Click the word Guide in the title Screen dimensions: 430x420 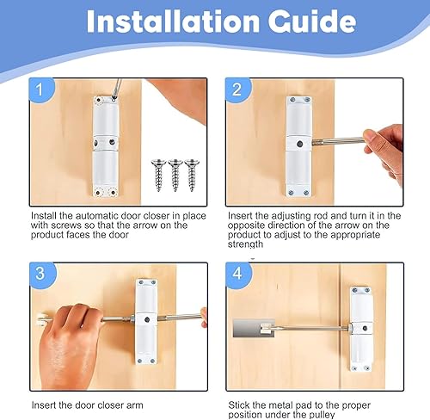coord(312,22)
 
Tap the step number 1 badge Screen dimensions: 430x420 coord(41,90)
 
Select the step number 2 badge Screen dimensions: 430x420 coord(238,90)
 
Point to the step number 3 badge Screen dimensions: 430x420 coord(41,273)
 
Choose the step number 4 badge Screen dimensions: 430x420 coord(238,273)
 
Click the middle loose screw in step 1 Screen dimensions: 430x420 coord(175,175)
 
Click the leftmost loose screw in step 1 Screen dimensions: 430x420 coord(159,175)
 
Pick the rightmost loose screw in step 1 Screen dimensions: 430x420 coord(192,175)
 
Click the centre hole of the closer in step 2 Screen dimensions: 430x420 coord(299,144)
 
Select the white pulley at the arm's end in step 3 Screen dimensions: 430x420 coord(40,321)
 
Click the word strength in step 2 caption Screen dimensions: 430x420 coord(245,244)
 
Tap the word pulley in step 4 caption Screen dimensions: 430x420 coord(321,415)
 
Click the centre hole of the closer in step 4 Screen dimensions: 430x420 coord(365,329)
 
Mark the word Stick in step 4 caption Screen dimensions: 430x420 coord(239,405)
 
